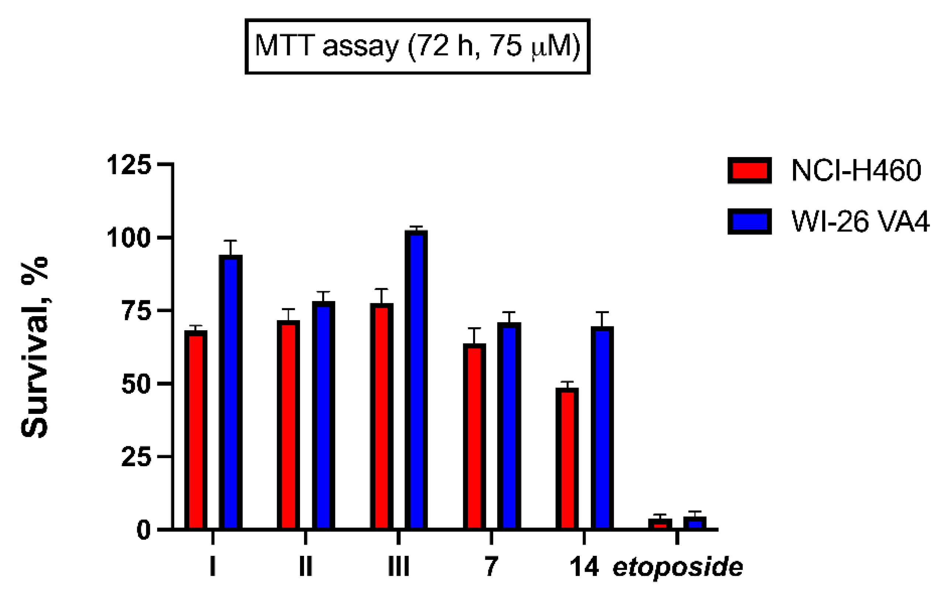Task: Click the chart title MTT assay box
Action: coord(417,46)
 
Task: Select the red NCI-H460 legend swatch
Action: coord(749,170)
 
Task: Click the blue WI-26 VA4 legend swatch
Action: coord(749,222)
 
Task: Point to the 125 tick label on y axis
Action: coord(129,165)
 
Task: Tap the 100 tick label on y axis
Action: coord(129,238)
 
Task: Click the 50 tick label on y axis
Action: coord(136,384)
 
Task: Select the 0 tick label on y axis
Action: coord(143,531)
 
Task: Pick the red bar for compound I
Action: coord(196,431)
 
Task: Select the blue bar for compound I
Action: coord(231,392)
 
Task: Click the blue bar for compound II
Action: coord(323,415)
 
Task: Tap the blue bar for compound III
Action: coord(416,380)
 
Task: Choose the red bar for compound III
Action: coord(382,417)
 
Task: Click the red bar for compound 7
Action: coord(474,437)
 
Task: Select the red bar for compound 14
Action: coord(567,458)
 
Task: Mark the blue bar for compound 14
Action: coord(602,429)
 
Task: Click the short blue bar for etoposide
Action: coord(695,523)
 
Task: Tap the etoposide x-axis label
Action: coord(678,567)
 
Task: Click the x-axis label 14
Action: coord(584,567)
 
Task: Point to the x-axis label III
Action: coord(399,567)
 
